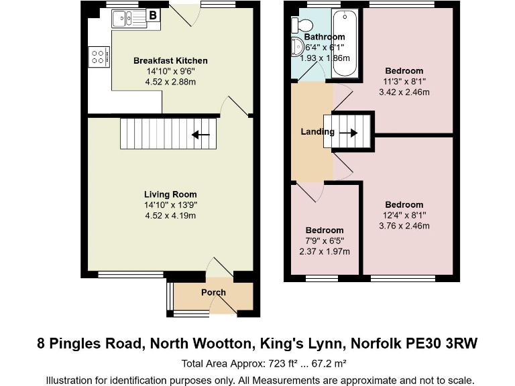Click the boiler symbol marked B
(x=153, y=15)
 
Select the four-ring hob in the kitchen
(x=99, y=55)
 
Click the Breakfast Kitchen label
(x=170, y=61)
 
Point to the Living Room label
(x=170, y=194)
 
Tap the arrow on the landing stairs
(x=349, y=132)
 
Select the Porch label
(x=213, y=292)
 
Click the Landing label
(x=317, y=131)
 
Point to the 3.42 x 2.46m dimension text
(x=404, y=92)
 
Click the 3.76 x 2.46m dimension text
(x=404, y=226)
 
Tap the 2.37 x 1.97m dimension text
(x=325, y=251)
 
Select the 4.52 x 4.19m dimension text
(x=170, y=216)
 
